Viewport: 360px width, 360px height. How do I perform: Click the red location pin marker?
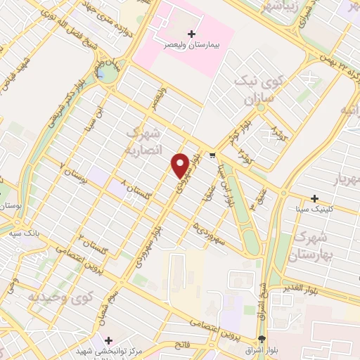(x=181, y=165)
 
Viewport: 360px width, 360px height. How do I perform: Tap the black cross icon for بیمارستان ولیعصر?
(x=192, y=34)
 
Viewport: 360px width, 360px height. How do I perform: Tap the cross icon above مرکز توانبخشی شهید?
(x=108, y=340)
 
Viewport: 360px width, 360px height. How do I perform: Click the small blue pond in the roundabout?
(x=104, y=72)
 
